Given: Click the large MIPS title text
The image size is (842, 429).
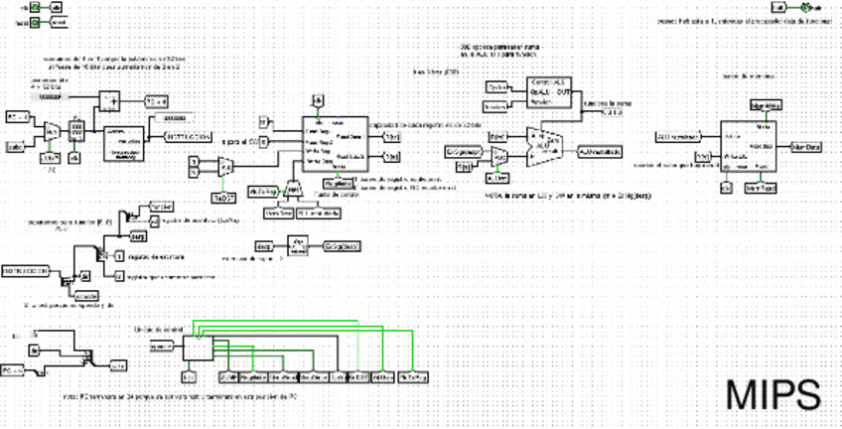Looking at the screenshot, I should tap(772, 394).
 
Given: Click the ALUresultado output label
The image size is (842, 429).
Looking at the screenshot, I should tap(599, 150).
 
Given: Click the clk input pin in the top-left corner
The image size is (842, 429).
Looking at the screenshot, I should tap(35, 7).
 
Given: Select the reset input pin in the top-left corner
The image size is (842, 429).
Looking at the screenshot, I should tap(35, 21).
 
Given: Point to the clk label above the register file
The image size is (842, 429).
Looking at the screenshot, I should tap(316, 100).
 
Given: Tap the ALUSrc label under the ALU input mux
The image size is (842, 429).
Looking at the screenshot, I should tap(498, 179).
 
